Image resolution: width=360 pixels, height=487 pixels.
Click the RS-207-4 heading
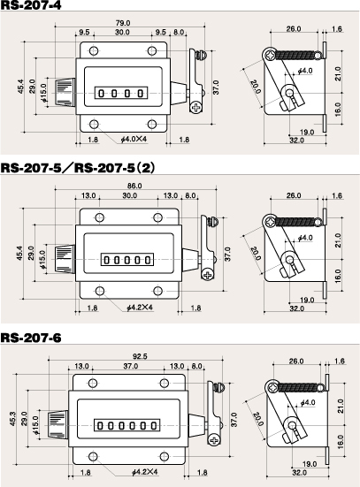[31, 5]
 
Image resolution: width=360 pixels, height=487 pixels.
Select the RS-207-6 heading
[31, 338]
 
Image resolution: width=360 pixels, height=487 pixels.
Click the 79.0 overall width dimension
[123, 23]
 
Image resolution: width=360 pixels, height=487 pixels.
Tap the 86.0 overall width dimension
[134, 186]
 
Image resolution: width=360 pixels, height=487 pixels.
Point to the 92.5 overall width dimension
[140, 356]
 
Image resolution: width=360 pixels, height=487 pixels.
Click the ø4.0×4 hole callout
[134, 139]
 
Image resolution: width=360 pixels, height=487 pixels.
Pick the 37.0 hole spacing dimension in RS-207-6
[131, 366]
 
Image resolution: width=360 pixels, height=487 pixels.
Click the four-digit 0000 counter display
[121, 93]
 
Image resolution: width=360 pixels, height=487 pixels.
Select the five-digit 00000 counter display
[127, 259]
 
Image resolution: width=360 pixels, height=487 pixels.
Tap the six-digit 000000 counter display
[126, 425]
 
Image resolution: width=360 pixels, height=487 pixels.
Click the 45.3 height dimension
[12, 419]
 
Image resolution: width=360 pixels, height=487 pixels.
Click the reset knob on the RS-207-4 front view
[65, 92]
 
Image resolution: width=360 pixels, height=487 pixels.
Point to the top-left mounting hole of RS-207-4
[94, 50]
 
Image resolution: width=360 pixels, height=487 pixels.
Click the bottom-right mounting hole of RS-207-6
[165, 457]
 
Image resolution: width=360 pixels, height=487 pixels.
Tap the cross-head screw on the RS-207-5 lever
[207, 275]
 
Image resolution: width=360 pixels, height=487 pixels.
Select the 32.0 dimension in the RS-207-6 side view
[299, 473]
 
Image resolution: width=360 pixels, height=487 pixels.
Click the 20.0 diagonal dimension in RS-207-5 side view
[255, 254]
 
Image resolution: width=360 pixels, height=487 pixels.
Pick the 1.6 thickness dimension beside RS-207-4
[337, 29]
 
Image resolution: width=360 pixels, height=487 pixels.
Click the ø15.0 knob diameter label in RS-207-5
[42, 260]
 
